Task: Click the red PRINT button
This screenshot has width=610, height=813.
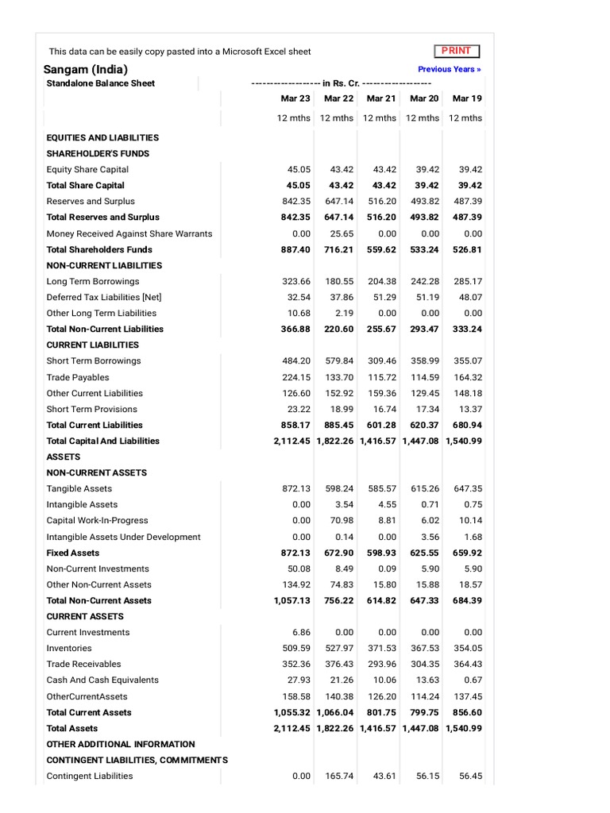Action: (x=457, y=51)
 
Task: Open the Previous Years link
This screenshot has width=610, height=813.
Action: (x=450, y=69)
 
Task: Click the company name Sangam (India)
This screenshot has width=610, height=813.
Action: (x=85, y=69)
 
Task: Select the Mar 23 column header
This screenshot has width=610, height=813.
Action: (x=295, y=98)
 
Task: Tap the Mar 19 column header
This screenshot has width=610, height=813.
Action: (x=467, y=98)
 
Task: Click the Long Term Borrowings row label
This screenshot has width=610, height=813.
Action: (x=92, y=281)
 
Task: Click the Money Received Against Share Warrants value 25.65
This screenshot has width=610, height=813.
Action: (x=340, y=233)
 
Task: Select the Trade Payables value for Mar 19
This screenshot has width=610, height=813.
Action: (x=469, y=377)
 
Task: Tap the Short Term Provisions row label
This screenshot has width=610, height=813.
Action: (x=91, y=409)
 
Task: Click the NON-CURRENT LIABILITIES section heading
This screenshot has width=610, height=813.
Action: (x=104, y=265)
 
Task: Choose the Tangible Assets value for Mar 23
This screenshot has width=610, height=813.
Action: (x=296, y=488)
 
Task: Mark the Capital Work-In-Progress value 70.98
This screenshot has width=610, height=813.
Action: (x=340, y=521)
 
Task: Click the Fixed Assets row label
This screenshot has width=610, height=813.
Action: (x=73, y=553)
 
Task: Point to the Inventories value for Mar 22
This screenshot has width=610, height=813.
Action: (x=339, y=648)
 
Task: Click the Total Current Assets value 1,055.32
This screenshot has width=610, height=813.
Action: (x=292, y=712)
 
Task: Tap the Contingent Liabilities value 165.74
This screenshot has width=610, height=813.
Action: (x=339, y=776)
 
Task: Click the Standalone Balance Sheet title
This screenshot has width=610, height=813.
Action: (x=101, y=83)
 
